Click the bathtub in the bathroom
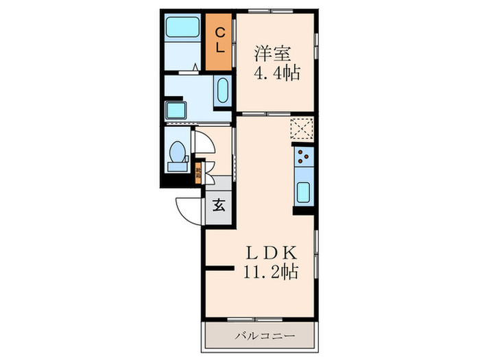pos(182,29)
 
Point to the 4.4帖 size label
pos(276,73)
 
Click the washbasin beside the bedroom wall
pos(221,91)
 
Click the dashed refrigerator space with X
pos(301,128)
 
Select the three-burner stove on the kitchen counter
pos(303,160)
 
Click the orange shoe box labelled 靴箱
pos(200,171)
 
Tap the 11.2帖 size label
pos(270,272)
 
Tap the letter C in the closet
pos(219,32)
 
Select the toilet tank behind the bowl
pos(176,165)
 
